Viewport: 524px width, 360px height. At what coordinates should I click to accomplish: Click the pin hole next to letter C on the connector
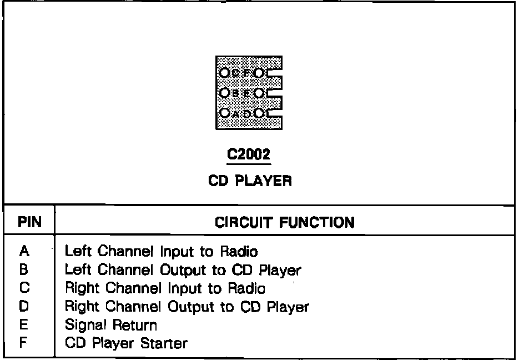coord(224,73)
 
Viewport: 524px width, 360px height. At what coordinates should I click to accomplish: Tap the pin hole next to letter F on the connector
coord(259,73)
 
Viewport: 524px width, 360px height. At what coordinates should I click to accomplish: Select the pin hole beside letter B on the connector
coord(224,93)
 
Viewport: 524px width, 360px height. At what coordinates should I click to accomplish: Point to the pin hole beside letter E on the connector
coord(259,93)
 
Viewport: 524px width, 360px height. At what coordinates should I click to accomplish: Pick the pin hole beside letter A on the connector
coord(224,113)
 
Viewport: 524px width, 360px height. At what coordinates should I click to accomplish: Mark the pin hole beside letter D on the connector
coord(259,113)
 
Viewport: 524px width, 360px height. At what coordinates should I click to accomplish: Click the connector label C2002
coord(248,155)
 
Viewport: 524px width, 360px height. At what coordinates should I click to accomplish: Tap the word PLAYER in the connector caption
coord(269,181)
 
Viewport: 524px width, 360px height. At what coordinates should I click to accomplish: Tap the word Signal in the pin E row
coord(82,325)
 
